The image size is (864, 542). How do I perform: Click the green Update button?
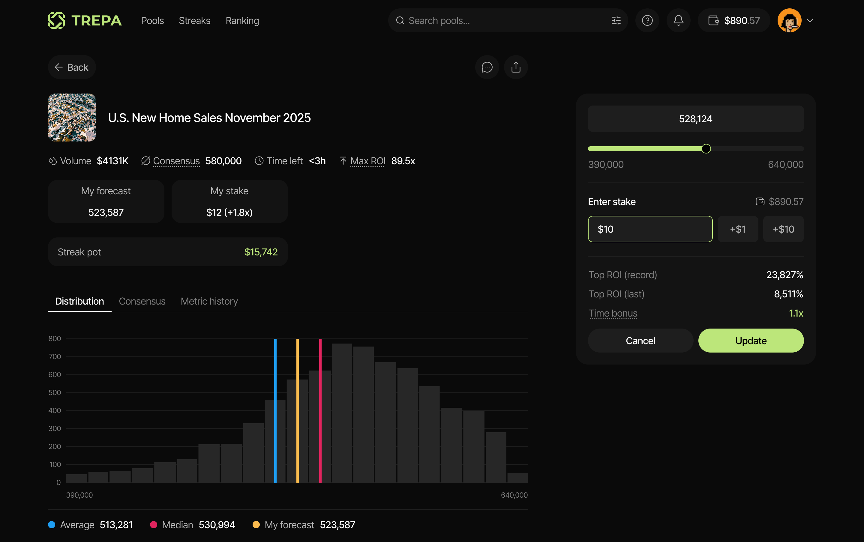[x=751, y=341]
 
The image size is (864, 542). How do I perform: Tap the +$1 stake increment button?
[x=737, y=229]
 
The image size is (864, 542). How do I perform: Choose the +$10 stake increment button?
[x=783, y=229]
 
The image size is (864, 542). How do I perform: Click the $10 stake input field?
[x=650, y=229]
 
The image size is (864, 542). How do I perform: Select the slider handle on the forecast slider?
[x=706, y=149]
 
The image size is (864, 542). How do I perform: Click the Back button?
[x=72, y=67]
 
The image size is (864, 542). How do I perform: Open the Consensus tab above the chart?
[x=142, y=301]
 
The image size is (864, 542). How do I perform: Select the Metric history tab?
[x=209, y=301]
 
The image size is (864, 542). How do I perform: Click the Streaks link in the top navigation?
[x=194, y=21]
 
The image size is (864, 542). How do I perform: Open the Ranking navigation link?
[x=242, y=21]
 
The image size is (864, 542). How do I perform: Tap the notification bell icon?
[x=678, y=20]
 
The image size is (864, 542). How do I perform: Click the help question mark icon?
[x=647, y=20]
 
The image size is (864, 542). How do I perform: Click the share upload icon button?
[x=516, y=67]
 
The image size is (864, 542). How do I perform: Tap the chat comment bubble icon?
[x=487, y=67]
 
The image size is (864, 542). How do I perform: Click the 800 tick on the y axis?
[x=55, y=339]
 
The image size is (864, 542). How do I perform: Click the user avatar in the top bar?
[x=789, y=20]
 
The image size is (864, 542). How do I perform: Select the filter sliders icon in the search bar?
[x=616, y=20]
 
